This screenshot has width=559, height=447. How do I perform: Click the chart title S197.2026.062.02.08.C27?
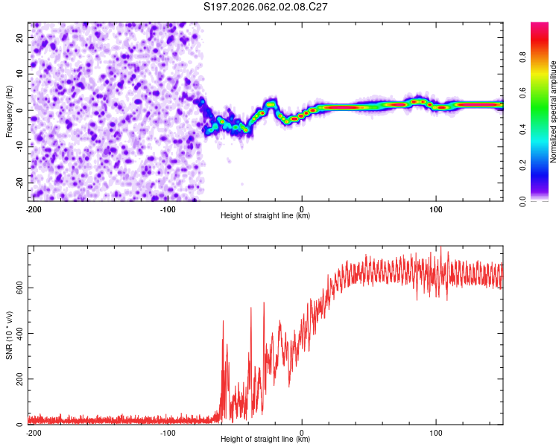pos(266,7)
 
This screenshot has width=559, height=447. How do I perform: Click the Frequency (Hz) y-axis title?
pos(9,112)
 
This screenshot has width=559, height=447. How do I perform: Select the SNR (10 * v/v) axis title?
pos(9,335)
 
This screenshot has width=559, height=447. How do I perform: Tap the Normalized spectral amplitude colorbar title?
pos(554,112)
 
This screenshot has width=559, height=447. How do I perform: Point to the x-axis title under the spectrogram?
pos(265,215)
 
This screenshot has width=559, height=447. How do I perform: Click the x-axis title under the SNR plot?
pos(265,439)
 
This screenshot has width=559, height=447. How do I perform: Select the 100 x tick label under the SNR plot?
pos(436,432)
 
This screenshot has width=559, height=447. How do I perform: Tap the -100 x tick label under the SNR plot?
pos(168,432)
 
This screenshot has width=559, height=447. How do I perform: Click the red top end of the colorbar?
pos(540,26)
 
